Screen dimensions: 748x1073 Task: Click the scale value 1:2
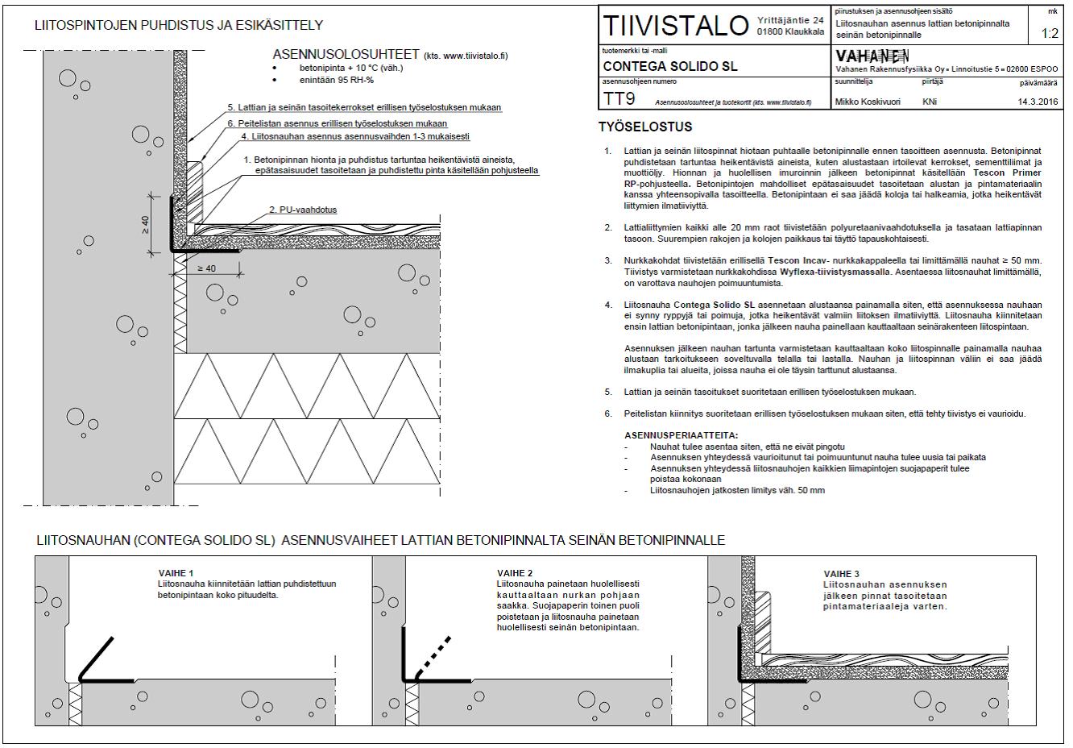pyautogui.click(x=1050, y=34)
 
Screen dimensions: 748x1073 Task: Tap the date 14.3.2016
pyautogui.click(x=1038, y=102)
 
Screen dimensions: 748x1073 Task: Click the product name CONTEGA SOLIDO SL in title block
pyautogui.click(x=669, y=66)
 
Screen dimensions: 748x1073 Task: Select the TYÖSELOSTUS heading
pyautogui.click(x=645, y=127)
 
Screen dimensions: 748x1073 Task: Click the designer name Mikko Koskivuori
pyautogui.click(x=868, y=102)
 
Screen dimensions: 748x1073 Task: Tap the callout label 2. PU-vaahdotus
pyautogui.click(x=303, y=210)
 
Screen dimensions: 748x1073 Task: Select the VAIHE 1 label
pyautogui.click(x=176, y=573)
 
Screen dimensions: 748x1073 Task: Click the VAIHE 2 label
pyautogui.click(x=515, y=573)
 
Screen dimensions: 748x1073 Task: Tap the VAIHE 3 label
pyautogui.click(x=841, y=574)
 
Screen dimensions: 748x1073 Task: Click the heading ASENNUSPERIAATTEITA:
pyautogui.click(x=681, y=435)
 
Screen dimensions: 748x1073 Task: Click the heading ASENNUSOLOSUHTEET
pyautogui.click(x=346, y=55)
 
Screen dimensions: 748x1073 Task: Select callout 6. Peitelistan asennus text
pyautogui.click(x=337, y=123)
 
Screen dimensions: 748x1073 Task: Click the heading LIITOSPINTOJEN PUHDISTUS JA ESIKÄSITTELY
pyautogui.click(x=179, y=26)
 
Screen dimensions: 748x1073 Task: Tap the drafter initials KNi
pyautogui.click(x=930, y=102)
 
